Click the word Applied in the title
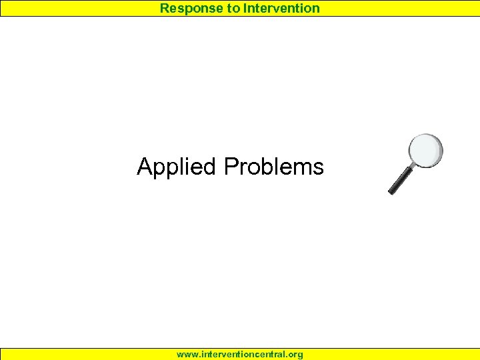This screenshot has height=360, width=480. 177,167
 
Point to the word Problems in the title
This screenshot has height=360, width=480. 274,166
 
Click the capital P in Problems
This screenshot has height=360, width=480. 231,166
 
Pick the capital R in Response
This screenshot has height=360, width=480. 164,8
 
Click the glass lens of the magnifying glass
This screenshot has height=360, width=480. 425,151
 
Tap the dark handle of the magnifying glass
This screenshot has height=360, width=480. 401,180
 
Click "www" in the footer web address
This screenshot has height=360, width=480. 186,354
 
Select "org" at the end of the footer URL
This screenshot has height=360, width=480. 295,354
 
